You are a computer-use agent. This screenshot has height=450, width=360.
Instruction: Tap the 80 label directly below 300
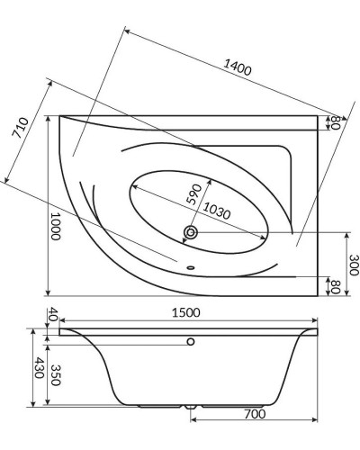(x=334, y=287)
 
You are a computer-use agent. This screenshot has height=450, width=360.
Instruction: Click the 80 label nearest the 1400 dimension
(x=334, y=123)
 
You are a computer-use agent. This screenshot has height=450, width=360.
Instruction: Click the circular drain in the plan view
(x=190, y=233)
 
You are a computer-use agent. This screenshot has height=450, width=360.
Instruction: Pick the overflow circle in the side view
(x=190, y=342)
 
